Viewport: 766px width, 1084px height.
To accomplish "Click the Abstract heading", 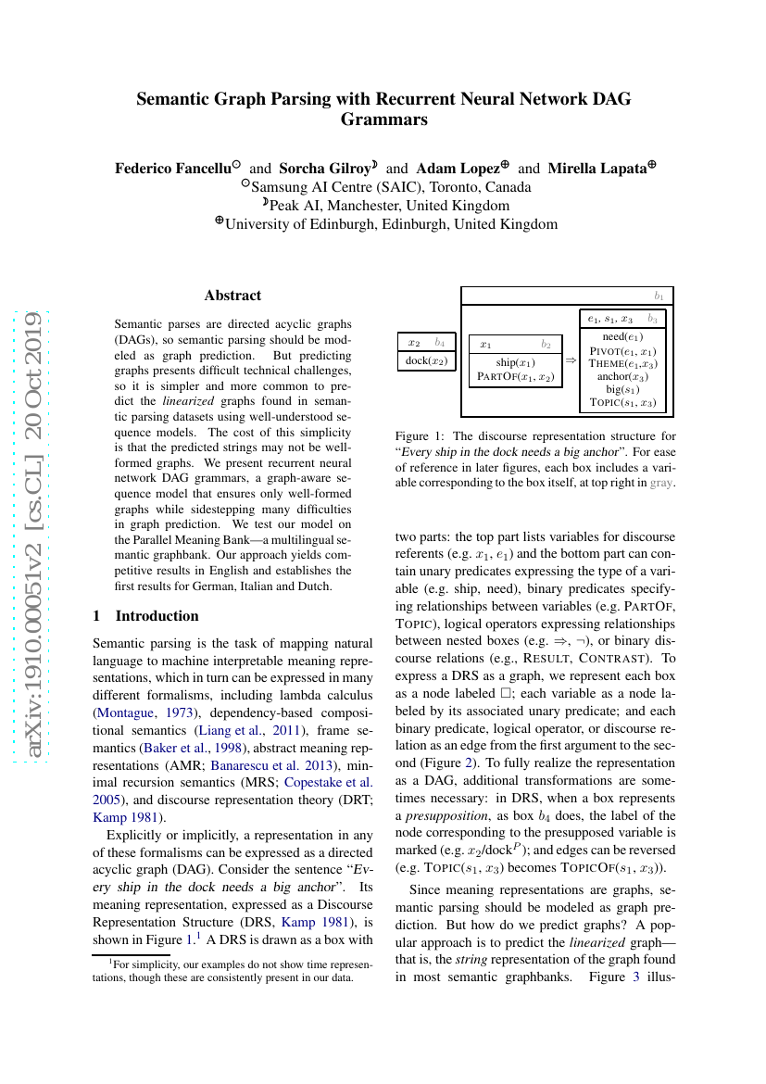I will coord(232,296).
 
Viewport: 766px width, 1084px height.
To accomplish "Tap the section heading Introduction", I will coord(157,615).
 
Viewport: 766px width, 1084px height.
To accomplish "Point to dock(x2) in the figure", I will coord(427,360).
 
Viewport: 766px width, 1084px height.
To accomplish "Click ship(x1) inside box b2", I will coord(515,362).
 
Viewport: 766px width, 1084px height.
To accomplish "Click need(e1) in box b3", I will coord(622,336).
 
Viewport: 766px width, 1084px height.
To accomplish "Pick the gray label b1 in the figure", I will coord(659,296).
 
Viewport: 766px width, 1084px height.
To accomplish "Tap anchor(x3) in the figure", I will coord(622,376).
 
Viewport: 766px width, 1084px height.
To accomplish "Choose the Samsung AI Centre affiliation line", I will coord(383,185).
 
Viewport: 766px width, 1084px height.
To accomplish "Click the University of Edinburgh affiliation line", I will coord(391,223).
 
